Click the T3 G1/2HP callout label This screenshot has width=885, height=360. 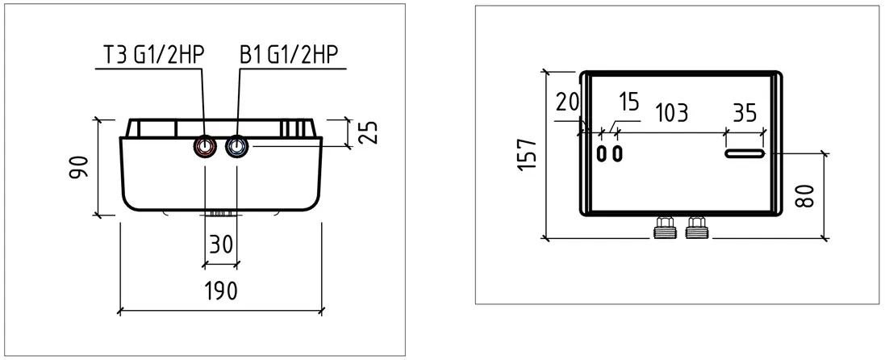click(x=152, y=55)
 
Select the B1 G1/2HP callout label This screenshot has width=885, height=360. click(x=289, y=55)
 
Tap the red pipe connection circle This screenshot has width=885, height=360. click(x=205, y=147)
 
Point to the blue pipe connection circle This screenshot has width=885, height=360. click(x=236, y=147)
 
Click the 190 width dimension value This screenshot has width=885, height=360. click(x=220, y=291)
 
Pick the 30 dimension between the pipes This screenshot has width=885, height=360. click(x=221, y=245)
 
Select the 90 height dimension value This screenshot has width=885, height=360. click(x=79, y=167)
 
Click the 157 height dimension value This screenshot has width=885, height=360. click(x=527, y=154)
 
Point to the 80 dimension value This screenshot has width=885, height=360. click(x=807, y=195)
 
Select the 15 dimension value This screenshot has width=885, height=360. click(x=628, y=103)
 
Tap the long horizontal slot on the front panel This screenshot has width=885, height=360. click(x=745, y=153)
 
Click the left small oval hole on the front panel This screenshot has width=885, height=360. click(x=602, y=153)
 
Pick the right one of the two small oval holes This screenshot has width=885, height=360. click(x=618, y=153)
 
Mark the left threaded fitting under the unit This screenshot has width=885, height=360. click(x=664, y=227)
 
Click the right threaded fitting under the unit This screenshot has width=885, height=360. click(x=696, y=227)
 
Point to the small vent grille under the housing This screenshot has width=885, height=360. click(x=221, y=214)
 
